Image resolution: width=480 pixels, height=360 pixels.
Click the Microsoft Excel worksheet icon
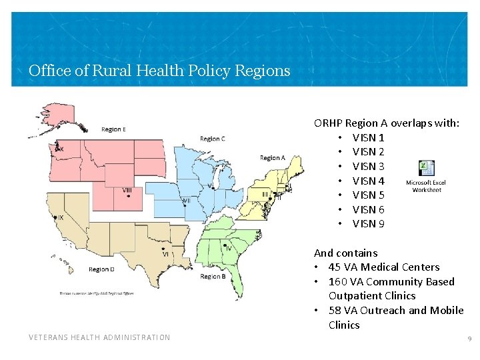(427, 169)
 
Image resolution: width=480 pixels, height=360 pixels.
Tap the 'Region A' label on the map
(273, 158)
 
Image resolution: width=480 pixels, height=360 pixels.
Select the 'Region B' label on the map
(213, 276)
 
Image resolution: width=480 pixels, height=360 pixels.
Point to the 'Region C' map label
(213, 139)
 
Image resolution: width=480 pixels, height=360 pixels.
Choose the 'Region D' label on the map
(101, 269)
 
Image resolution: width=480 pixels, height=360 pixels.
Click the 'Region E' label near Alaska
(114, 129)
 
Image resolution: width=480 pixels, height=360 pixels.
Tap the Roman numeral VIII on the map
(127, 191)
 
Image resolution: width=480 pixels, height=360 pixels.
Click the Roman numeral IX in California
(61, 218)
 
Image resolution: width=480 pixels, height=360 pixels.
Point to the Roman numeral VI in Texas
(165, 254)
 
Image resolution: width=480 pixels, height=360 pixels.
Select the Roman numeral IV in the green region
(227, 247)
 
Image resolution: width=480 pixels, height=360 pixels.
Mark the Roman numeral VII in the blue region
(186, 200)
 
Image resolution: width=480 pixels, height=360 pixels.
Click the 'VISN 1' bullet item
(368, 137)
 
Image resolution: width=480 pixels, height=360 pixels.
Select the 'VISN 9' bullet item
(368, 224)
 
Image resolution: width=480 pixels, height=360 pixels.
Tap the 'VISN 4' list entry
(368, 181)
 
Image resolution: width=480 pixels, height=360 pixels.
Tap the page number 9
(469, 339)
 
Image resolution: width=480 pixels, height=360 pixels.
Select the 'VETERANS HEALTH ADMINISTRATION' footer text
(99, 337)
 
